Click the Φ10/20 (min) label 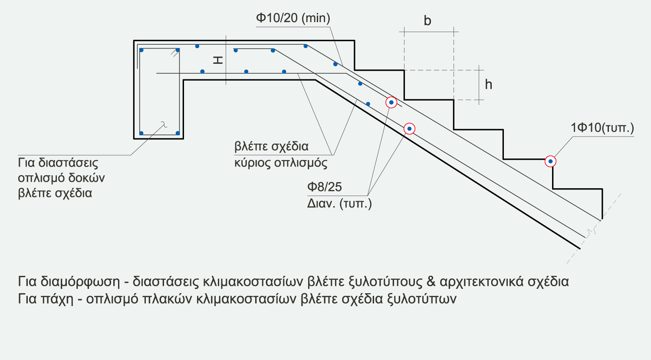coord(293,18)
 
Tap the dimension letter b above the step coord(427,21)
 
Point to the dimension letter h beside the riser coord(489,84)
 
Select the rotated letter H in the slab coord(218,60)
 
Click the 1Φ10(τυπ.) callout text coord(602,128)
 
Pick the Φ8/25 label coord(325,187)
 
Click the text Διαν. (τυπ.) coord(339,203)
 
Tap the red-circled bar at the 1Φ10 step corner coord(550,161)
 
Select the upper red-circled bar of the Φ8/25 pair coord(391,102)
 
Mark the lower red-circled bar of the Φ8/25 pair coord(409,129)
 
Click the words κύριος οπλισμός coord(281,163)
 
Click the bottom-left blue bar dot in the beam coord(141,133)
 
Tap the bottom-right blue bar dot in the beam coord(178,133)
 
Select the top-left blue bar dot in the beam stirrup coord(141,50)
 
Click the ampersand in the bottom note coord(431,281)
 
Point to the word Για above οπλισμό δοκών coord(26,163)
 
